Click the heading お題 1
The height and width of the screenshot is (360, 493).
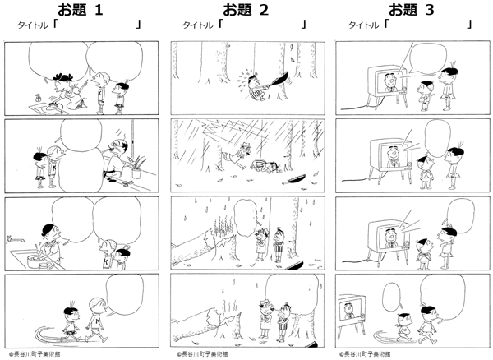coord(81,10)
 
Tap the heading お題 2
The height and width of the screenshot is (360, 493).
coord(246,10)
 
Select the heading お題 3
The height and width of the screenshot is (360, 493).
coord(412,10)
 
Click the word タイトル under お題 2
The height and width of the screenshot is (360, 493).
coord(198,25)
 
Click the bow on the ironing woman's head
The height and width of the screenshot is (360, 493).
coord(63,76)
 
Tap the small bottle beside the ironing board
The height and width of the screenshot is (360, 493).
coord(39,98)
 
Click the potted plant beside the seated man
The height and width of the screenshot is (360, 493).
coord(136,167)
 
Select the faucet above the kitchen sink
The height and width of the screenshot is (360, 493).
coord(15,240)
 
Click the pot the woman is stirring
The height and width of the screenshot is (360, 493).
coord(35,261)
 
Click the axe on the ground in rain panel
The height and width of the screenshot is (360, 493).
coord(293,180)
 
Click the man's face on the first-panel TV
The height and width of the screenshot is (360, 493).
coord(389,81)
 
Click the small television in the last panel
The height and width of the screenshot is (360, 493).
coord(351,316)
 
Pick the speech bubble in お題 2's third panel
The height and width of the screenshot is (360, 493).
coord(246,217)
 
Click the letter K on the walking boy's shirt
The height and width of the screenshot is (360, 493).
coord(98,321)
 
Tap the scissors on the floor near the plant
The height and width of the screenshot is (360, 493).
coord(126,183)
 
